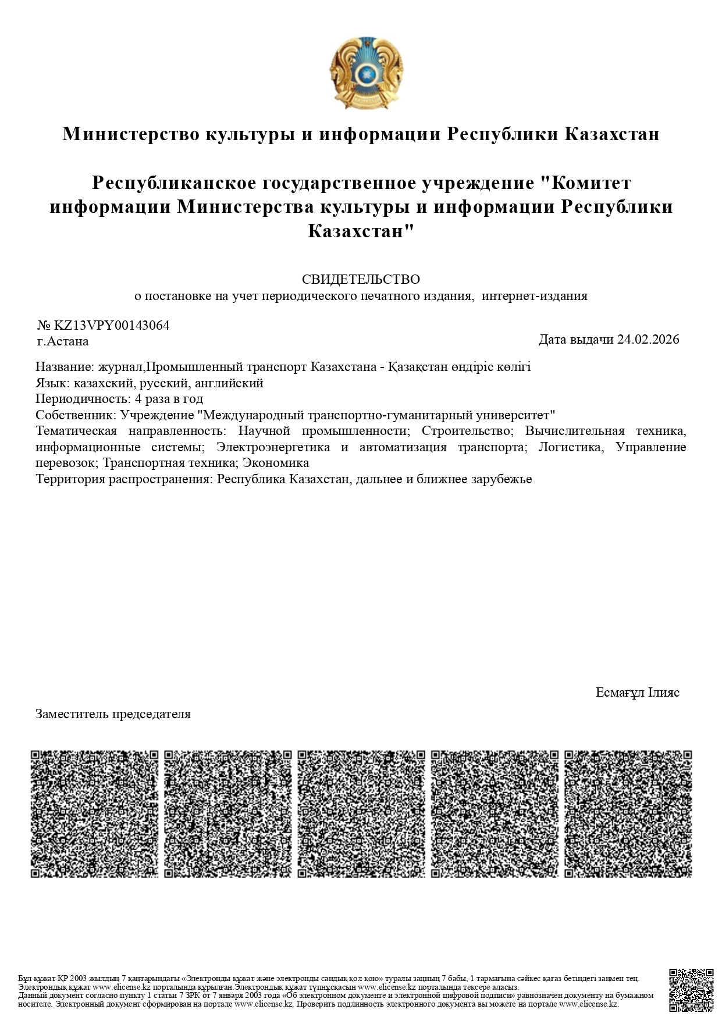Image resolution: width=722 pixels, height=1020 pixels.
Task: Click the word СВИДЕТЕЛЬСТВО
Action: (x=361, y=280)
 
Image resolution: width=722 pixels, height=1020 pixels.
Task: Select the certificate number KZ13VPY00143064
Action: (x=112, y=326)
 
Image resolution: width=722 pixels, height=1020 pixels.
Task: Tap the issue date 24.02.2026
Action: (x=648, y=340)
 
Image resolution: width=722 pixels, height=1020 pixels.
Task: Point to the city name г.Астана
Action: (x=62, y=341)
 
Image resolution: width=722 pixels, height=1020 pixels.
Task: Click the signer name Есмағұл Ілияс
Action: (x=637, y=693)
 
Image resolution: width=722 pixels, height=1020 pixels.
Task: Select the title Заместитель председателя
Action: (x=113, y=714)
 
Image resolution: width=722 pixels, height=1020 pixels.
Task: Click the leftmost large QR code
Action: (x=94, y=814)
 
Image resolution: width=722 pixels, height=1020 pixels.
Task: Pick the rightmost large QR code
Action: (x=628, y=814)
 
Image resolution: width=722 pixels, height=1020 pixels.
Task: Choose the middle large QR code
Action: (x=361, y=814)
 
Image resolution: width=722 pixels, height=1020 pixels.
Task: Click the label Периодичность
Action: (x=82, y=399)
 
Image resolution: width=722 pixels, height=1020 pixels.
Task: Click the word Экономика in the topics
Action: (x=275, y=463)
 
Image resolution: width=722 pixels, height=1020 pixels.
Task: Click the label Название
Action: (x=63, y=367)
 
